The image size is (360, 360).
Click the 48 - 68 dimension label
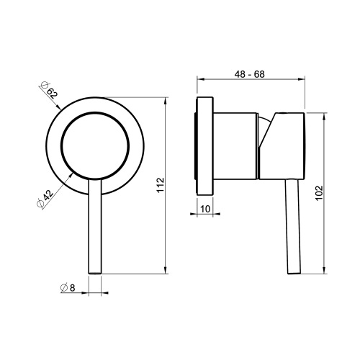point(250,74)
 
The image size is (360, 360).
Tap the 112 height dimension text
point(160,184)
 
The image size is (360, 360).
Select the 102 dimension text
point(319,193)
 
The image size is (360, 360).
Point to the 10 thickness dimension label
point(205,209)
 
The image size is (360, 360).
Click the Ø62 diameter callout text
point(49,90)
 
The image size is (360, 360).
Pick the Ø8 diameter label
point(68,287)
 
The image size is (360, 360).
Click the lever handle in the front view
point(95,226)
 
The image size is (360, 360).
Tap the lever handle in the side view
point(293,226)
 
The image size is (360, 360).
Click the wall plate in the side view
point(204,146)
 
